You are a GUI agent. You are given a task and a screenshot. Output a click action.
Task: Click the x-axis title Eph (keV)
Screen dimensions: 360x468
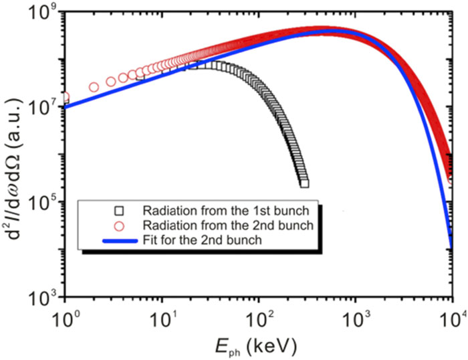click(x=258, y=344)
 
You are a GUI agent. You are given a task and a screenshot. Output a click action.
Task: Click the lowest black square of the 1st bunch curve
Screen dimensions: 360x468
click(x=304, y=183)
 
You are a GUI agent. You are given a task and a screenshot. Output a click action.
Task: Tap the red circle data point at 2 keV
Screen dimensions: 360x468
click(x=94, y=87)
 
